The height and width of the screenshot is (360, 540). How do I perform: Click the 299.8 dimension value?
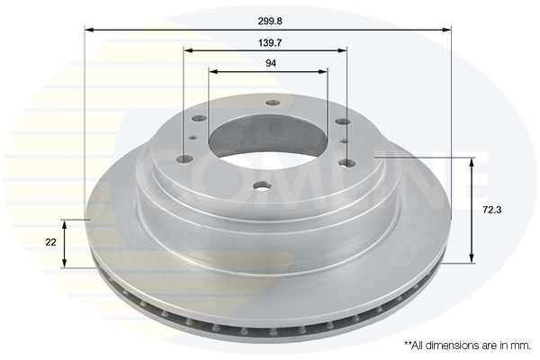pyautogui.click(x=270, y=22)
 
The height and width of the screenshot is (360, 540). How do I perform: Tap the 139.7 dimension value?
pyautogui.click(x=270, y=43)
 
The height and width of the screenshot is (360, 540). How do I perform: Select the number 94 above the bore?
pyautogui.click(x=271, y=63)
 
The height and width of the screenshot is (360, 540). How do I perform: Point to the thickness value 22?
pyautogui.click(x=50, y=242)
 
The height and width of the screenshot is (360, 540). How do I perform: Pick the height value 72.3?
pyautogui.click(x=491, y=210)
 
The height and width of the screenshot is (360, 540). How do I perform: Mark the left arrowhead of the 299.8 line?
pyautogui.click(x=89, y=30)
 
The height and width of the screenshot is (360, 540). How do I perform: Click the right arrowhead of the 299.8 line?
pyautogui.click(x=446, y=30)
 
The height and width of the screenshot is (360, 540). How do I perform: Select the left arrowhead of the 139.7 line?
pyautogui.click(x=188, y=51)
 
